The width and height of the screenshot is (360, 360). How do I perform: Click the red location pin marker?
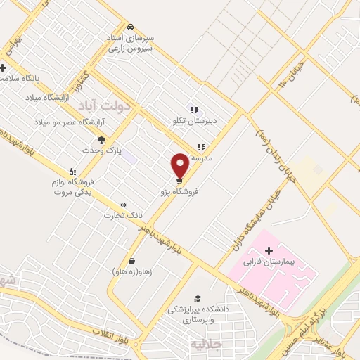coord(180,166)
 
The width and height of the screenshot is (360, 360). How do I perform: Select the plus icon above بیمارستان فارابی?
coord(268,250)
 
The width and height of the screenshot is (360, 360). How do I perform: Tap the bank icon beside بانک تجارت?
coord(124,205)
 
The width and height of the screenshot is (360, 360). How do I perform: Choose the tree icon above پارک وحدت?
coord(101,139)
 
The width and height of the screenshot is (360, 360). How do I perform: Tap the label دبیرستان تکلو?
coord(192,121)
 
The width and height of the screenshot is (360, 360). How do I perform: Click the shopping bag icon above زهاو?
coord(132,261)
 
